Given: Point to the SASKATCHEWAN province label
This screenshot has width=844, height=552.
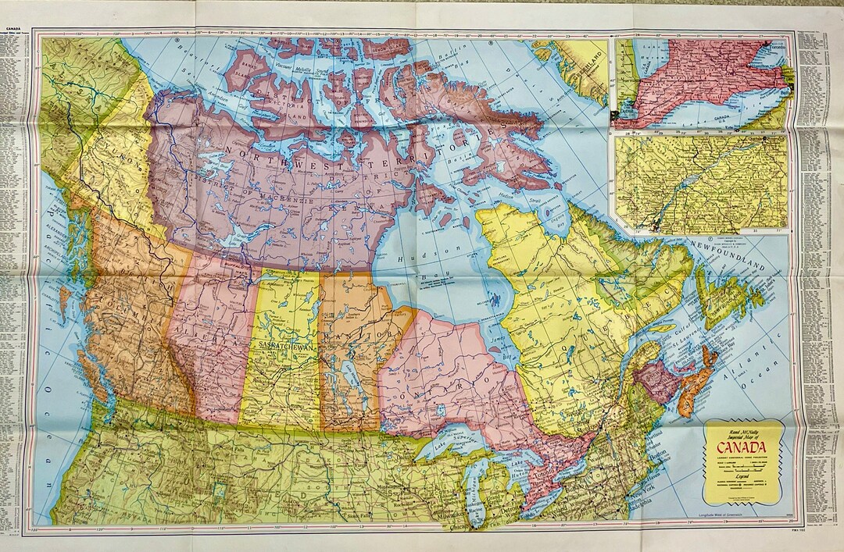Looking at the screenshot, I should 281,344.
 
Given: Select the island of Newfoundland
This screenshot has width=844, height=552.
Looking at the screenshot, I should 719,297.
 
